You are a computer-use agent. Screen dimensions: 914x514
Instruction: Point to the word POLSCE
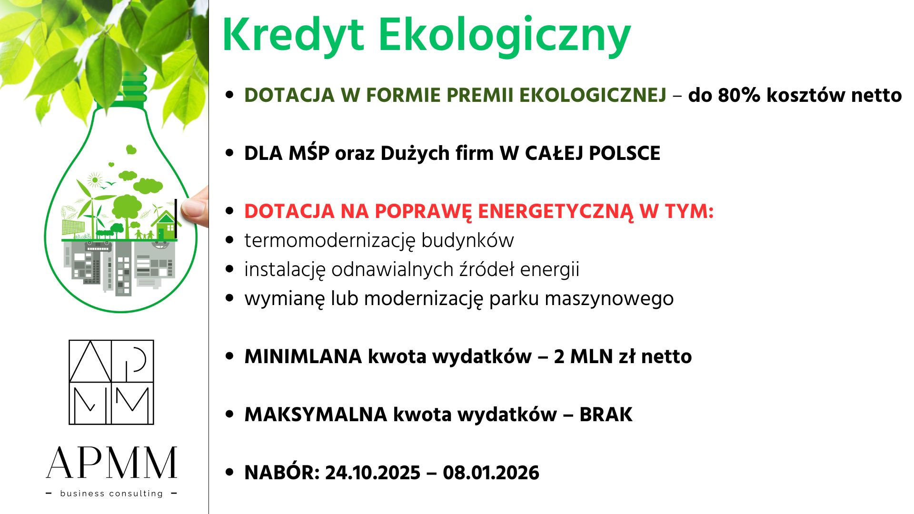click(x=625, y=153)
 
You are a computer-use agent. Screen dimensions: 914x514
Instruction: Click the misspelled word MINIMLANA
click(x=303, y=356)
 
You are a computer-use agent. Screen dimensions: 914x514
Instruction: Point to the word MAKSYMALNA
click(x=316, y=415)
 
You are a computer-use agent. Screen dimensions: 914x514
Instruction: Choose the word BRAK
click(x=606, y=415)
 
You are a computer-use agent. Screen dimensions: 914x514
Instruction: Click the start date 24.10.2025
click(x=373, y=473)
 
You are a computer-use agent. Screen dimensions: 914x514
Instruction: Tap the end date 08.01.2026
click(x=491, y=473)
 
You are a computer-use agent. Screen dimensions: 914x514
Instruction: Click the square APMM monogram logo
click(x=111, y=382)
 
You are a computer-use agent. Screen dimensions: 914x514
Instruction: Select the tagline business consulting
click(x=111, y=494)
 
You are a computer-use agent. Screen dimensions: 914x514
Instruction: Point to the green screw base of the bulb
click(x=134, y=88)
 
